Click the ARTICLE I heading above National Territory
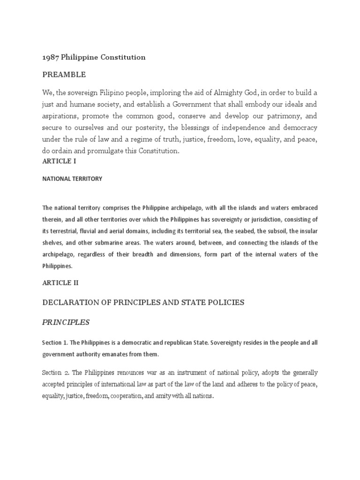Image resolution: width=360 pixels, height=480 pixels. pos(59,161)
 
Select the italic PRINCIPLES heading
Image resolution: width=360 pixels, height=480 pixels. pos(66,322)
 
